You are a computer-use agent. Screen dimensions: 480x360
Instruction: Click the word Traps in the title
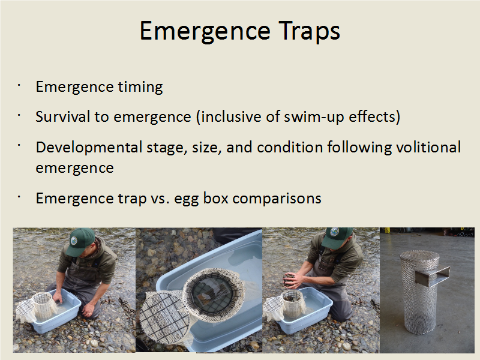309,31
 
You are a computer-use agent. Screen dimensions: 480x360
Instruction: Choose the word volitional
428,147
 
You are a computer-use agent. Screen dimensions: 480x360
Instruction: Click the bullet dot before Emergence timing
19,85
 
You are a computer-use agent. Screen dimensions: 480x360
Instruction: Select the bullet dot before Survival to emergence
19,115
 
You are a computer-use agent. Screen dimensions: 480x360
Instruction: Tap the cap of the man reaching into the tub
80,241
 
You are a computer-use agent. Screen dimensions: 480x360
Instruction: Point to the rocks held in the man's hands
289,280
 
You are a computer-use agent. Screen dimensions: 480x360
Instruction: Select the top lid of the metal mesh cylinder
419,256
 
